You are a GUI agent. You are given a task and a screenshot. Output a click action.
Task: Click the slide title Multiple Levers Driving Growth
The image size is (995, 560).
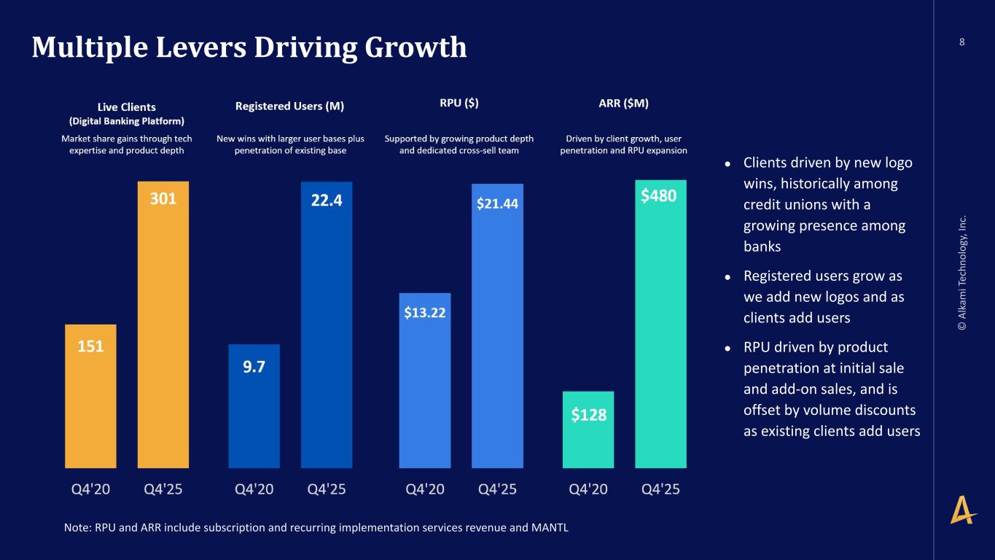coord(249,47)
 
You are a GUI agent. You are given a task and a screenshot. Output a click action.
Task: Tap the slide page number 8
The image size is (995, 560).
coord(962,42)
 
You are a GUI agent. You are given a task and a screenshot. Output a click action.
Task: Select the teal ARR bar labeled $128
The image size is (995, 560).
coord(588,429)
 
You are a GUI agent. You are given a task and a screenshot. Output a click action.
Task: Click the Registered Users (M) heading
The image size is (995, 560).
coord(290,106)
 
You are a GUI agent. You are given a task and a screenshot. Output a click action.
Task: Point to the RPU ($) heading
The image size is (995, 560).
coord(459,104)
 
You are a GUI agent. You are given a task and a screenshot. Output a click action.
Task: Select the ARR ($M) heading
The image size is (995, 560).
coord(618,104)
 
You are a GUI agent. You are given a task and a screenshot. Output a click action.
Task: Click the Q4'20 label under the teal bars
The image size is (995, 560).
coord(588,489)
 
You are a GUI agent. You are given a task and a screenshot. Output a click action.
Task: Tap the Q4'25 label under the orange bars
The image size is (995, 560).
coord(163,489)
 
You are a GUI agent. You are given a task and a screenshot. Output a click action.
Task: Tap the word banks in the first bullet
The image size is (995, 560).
coord(762,246)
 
